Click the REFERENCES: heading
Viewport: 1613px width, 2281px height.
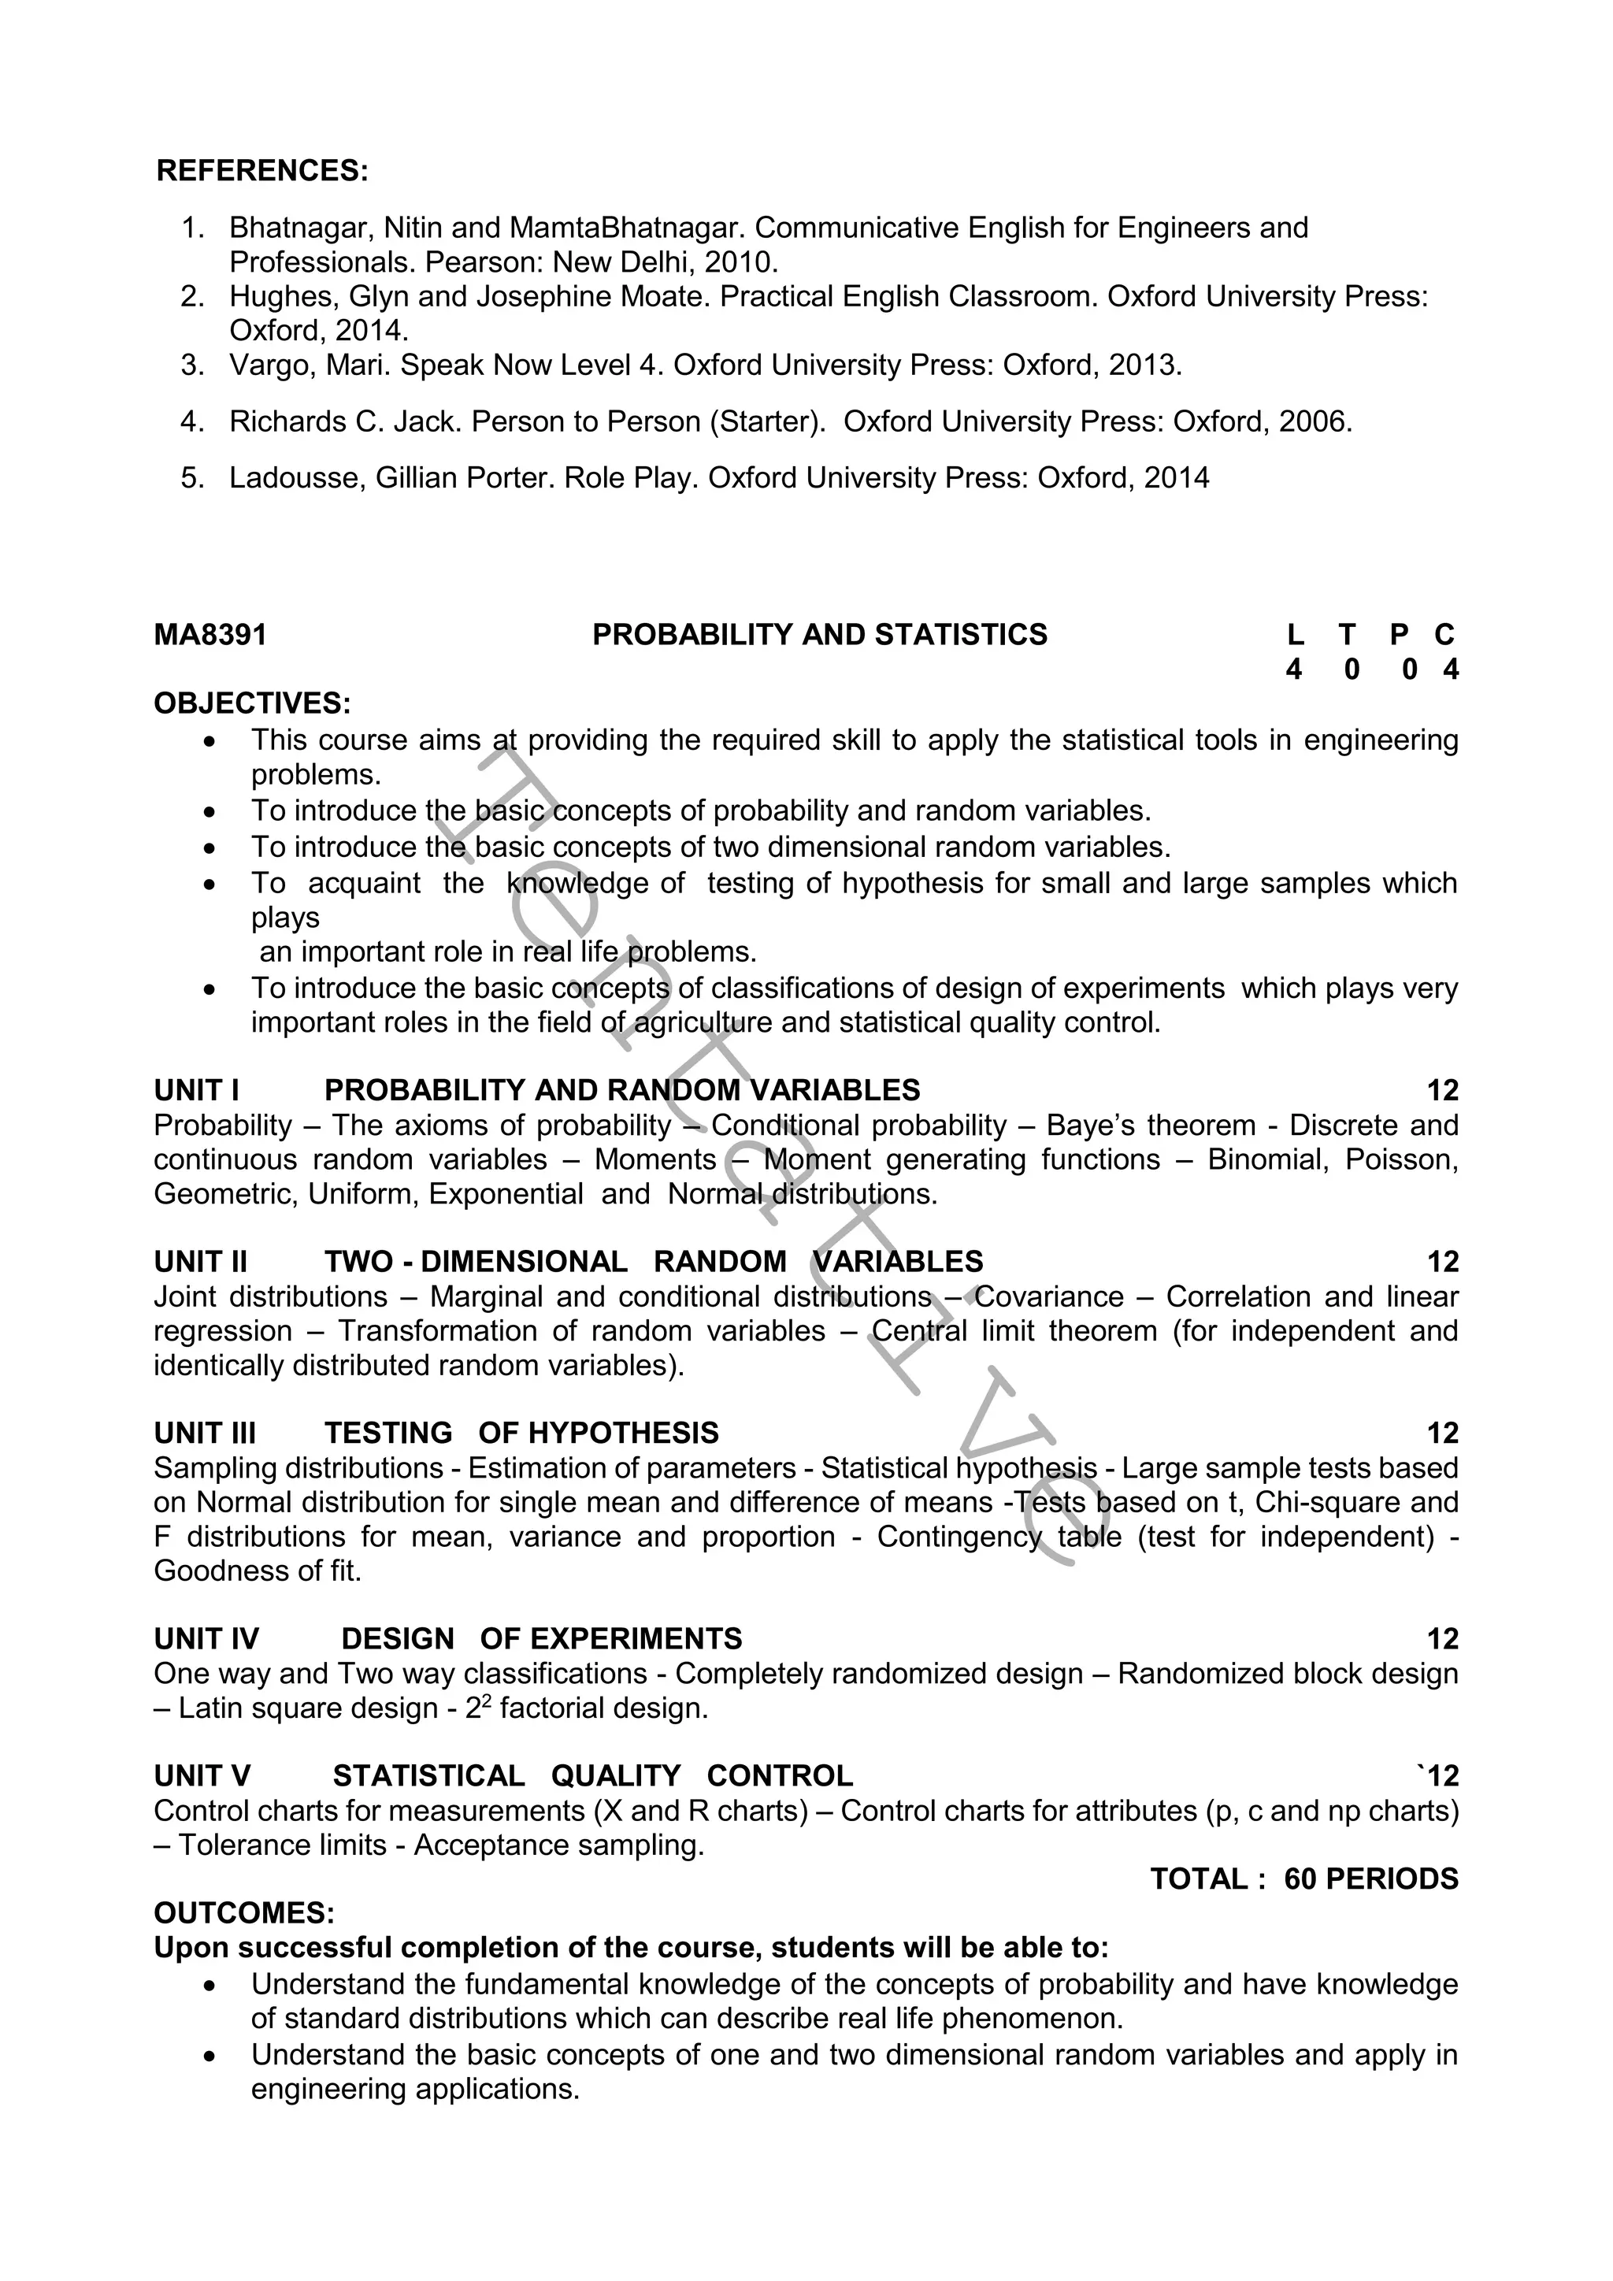click(262, 171)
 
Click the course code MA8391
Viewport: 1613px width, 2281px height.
click(210, 635)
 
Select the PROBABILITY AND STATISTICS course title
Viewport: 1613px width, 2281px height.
click(819, 635)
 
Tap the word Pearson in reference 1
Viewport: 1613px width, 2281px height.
click(484, 262)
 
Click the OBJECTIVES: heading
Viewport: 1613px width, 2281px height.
click(252, 703)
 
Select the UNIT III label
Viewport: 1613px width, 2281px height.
click(205, 1433)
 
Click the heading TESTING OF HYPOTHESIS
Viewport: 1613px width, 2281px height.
click(521, 1433)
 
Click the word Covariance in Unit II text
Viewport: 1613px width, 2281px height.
click(1050, 1296)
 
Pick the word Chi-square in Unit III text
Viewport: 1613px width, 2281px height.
click(1309, 1502)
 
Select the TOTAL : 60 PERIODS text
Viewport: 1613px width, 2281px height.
click(1303, 1879)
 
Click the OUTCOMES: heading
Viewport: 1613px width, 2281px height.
click(244, 1913)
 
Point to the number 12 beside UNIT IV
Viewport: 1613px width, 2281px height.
click(1442, 1639)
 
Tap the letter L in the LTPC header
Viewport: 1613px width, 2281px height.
click(1294, 635)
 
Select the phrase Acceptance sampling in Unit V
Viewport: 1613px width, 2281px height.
click(558, 1845)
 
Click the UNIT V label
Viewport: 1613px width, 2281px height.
click(202, 1775)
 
